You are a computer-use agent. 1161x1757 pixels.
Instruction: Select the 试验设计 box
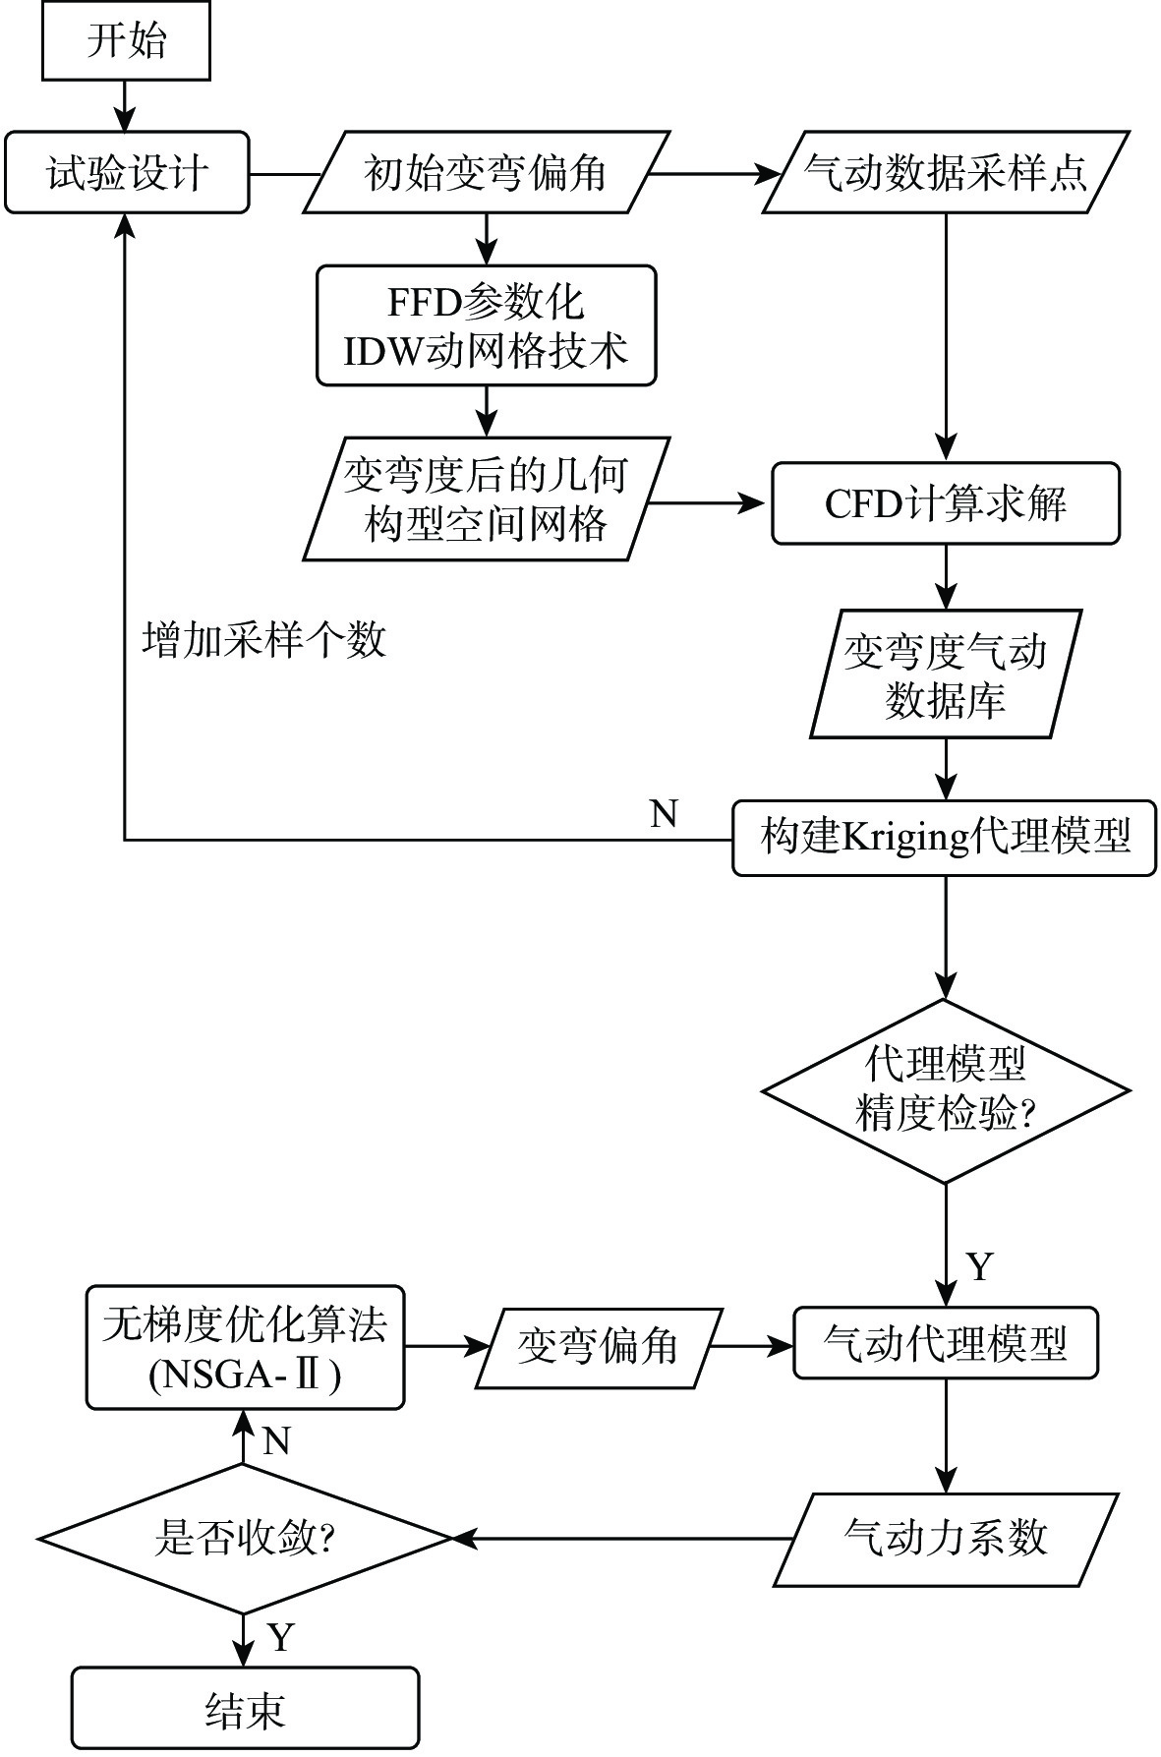click(x=126, y=173)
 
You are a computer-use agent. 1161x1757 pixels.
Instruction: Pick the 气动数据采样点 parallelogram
click(x=946, y=173)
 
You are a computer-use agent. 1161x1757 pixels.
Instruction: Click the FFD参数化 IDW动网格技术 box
click(x=486, y=325)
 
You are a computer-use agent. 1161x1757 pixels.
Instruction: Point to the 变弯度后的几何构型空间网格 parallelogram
click(x=486, y=499)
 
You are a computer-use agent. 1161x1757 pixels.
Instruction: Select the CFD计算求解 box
click(x=946, y=503)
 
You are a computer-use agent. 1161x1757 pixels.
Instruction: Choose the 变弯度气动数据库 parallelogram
click(x=946, y=674)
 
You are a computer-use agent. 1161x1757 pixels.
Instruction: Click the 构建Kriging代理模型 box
click(x=945, y=838)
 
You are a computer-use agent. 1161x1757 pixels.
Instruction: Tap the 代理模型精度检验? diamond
click(x=946, y=1090)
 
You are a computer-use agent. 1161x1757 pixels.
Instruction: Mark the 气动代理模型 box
click(x=946, y=1342)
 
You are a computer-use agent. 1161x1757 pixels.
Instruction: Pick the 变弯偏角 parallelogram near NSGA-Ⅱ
click(x=599, y=1347)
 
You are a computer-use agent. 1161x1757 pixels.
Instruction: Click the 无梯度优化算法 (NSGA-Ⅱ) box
click(x=245, y=1347)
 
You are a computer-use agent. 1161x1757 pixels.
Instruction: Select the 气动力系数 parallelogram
click(x=946, y=1539)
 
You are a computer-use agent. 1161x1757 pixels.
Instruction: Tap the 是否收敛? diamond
click(x=245, y=1538)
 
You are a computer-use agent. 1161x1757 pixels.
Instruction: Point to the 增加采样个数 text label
click(x=264, y=641)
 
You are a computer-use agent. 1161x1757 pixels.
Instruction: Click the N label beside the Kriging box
click(x=665, y=814)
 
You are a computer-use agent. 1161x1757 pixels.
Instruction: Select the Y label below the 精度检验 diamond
click(x=980, y=1266)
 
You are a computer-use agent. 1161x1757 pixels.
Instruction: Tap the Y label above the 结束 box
click(x=281, y=1637)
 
